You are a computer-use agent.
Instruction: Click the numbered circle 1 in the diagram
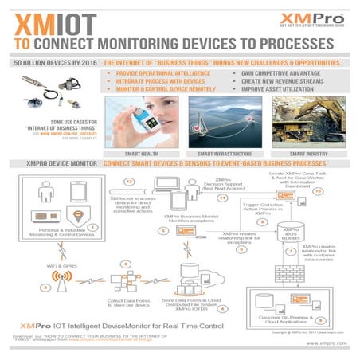coord(92,227)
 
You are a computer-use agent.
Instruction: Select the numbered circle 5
coord(162,231)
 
